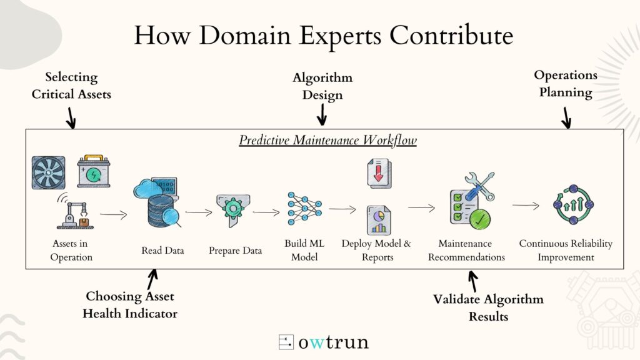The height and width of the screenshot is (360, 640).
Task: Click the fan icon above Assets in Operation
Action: coord(49,172)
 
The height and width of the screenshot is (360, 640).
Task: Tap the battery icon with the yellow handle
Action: coord(94,171)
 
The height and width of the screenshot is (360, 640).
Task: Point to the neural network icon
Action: coord(304,208)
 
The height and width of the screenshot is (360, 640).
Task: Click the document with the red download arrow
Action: coord(379,174)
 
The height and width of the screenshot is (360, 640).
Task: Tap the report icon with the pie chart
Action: coord(379,221)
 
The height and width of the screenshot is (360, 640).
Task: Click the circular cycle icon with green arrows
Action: coord(574,204)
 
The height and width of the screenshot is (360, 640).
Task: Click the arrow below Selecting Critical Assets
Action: coord(71,118)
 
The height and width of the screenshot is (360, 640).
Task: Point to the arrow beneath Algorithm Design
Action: coord(322,115)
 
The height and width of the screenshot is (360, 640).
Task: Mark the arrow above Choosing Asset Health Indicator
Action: coord(152,279)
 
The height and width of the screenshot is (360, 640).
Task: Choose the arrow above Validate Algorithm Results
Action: coord(472,282)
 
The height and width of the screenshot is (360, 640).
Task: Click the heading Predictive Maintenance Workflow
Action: coord(327,140)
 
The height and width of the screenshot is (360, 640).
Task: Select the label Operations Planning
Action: coord(566,84)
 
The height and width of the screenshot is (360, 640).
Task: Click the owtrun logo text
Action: coord(334,342)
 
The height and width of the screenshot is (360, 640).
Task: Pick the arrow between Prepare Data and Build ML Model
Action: coord(266,212)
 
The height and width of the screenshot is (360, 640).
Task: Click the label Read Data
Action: coord(162,250)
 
